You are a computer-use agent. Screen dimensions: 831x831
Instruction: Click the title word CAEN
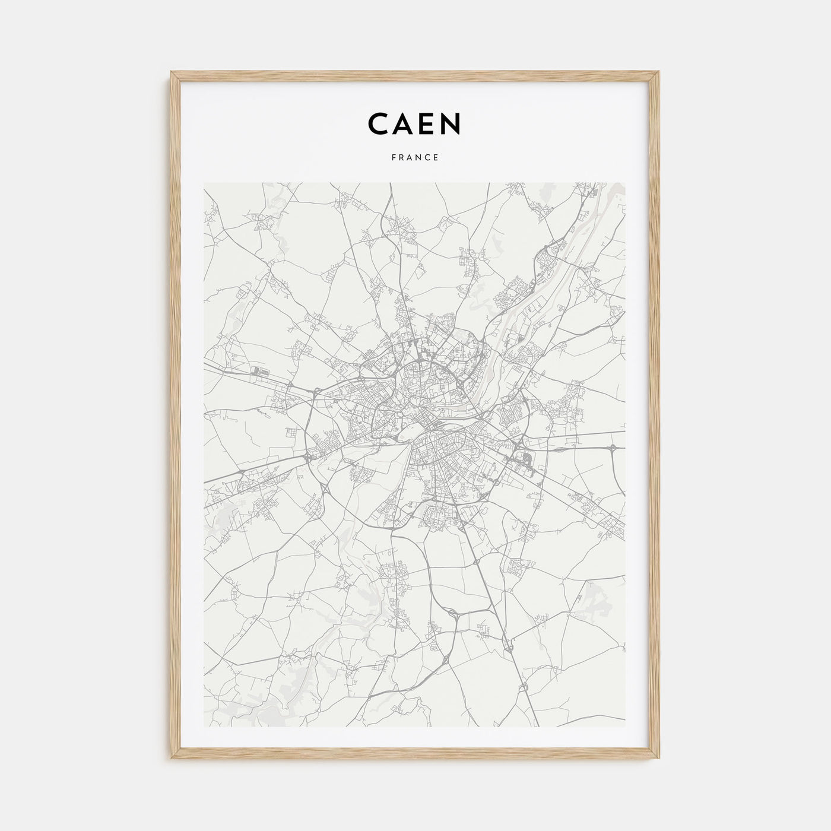pyautogui.click(x=414, y=123)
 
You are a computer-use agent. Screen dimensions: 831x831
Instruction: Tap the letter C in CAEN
pyautogui.click(x=379, y=123)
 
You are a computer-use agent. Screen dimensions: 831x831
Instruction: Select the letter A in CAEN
pyautogui.click(x=404, y=123)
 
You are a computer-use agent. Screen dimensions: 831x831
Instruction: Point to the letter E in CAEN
pyautogui.click(x=427, y=123)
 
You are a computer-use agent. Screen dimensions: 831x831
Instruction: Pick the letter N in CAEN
pyautogui.click(x=451, y=123)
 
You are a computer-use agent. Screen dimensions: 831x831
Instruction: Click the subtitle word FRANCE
pyautogui.click(x=415, y=158)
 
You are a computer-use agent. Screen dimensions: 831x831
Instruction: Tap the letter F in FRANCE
pyautogui.click(x=394, y=158)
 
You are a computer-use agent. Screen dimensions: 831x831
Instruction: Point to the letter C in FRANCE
pyautogui.click(x=428, y=158)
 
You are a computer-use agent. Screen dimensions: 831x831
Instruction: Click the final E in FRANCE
pyautogui.click(x=436, y=158)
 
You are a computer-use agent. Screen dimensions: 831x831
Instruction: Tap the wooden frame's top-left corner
pyautogui.click(x=171, y=72)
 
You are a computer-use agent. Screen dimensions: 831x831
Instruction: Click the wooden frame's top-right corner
pyautogui.click(x=660, y=72)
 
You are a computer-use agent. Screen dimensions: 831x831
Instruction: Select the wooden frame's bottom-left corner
pyautogui.click(x=171, y=759)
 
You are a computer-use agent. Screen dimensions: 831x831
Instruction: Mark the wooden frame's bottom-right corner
pyautogui.click(x=660, y=759)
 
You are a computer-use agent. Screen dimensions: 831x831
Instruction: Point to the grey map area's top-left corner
pyautogui.click(x=204, y=183)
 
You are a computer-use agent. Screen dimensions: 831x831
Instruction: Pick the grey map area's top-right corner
pyautogui.click(x=626, y=183)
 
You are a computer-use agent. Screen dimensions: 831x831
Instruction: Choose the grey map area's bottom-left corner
pyautogui.click(x=204, y=727)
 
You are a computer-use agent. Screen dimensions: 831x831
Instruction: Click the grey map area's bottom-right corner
pyautogui.click(x=626, y=727)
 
